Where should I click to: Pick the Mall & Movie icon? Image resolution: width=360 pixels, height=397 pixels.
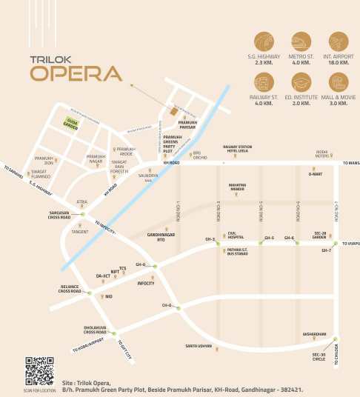tap(337, 82)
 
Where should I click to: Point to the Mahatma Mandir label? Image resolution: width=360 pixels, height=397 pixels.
tap(237, 188)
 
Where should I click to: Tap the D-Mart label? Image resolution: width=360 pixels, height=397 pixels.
tap(316, 174)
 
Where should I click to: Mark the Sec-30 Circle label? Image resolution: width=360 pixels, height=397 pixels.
tap(319, 358)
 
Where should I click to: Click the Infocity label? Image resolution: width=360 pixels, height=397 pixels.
tap(146, 283)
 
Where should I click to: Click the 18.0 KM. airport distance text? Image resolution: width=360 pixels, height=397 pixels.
tap(337, 63)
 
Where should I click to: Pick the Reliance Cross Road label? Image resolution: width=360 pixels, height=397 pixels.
tap(74, 288)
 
